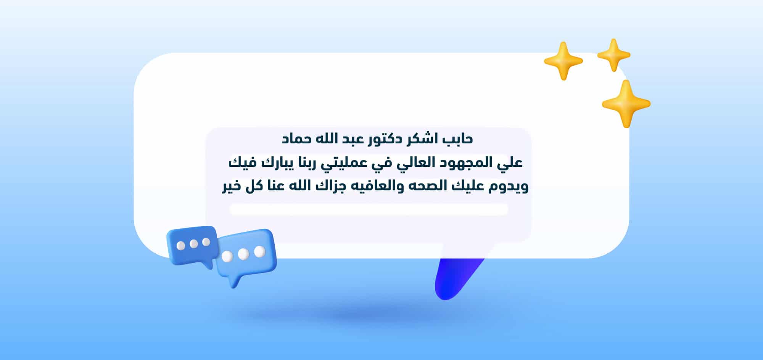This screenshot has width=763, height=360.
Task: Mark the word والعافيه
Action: (x=368, y=187)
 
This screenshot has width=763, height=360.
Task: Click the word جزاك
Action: (x=324, y=187)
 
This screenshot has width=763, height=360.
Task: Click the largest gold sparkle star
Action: (x=626, y=104)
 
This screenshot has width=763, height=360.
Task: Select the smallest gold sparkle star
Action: (x=613, y=55)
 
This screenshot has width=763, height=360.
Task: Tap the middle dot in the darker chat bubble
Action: (x=194, y=244)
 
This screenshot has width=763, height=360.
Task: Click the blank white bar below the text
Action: (x=369, y=210)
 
